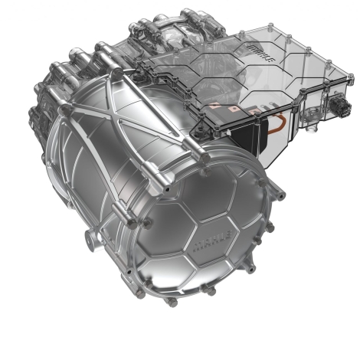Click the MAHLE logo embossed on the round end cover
coord(213,241)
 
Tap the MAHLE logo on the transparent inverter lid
coord(262,54)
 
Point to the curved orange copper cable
coord(277,124)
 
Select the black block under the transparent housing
coord(247,139)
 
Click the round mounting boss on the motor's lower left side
coord(90,240)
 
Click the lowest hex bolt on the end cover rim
coord(173,303)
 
